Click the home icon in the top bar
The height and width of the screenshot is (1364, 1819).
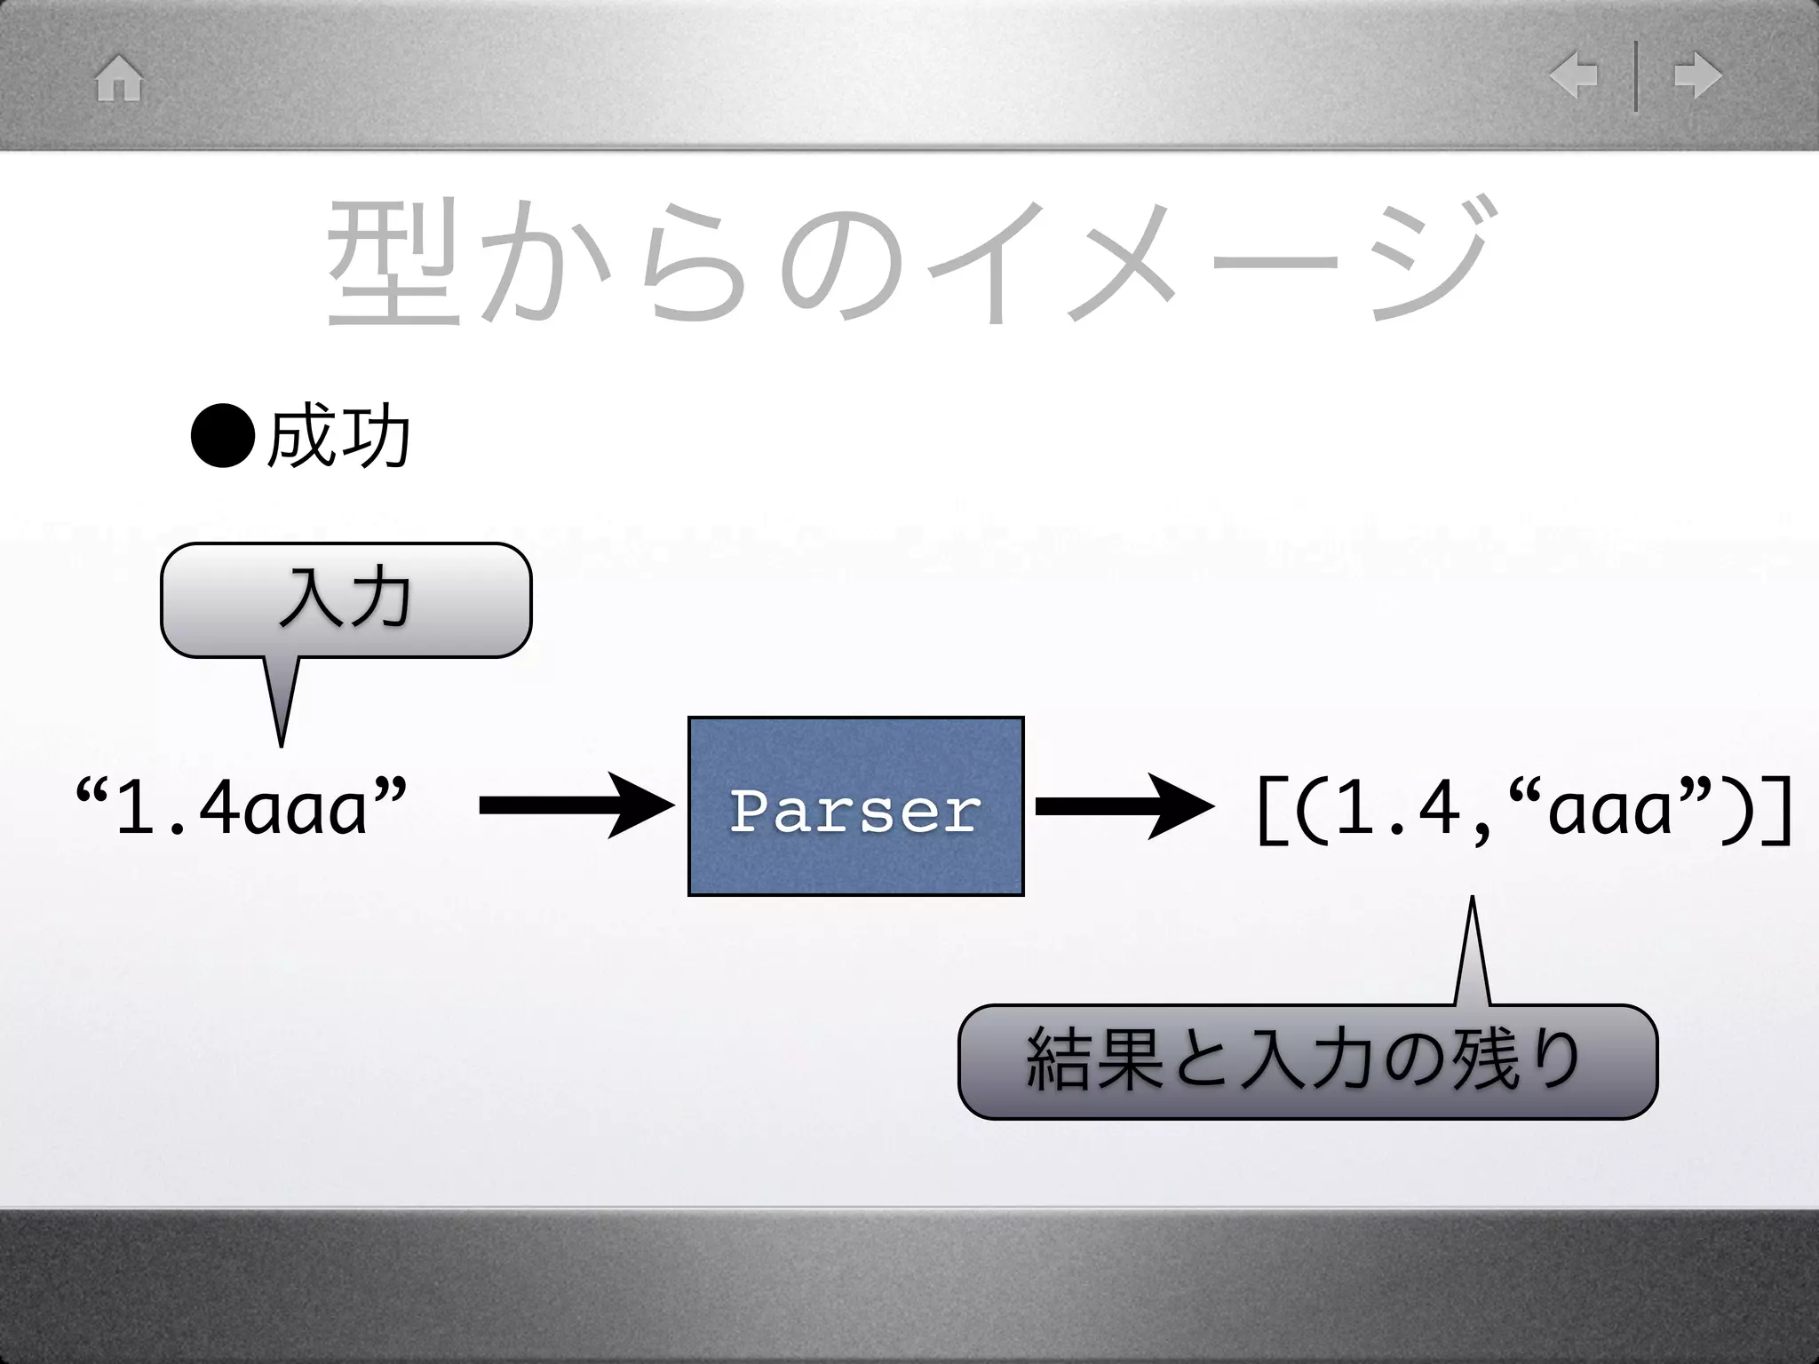[x=119, y=79]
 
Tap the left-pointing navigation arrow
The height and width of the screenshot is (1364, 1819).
[x=1574, y=76]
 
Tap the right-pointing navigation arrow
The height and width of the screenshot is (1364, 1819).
[x=1697, y=76]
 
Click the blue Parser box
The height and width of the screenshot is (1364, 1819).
[x=855, y=806]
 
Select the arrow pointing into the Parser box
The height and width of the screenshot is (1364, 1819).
[x=576, y=805]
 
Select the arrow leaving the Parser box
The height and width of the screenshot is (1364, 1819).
[x=1124, y=805]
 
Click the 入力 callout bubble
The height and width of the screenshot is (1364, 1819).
[x=346, y=600]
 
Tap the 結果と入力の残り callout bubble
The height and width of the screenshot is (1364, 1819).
[x=1307, y=1062]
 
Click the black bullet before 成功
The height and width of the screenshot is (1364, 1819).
[x=223, y=436]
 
